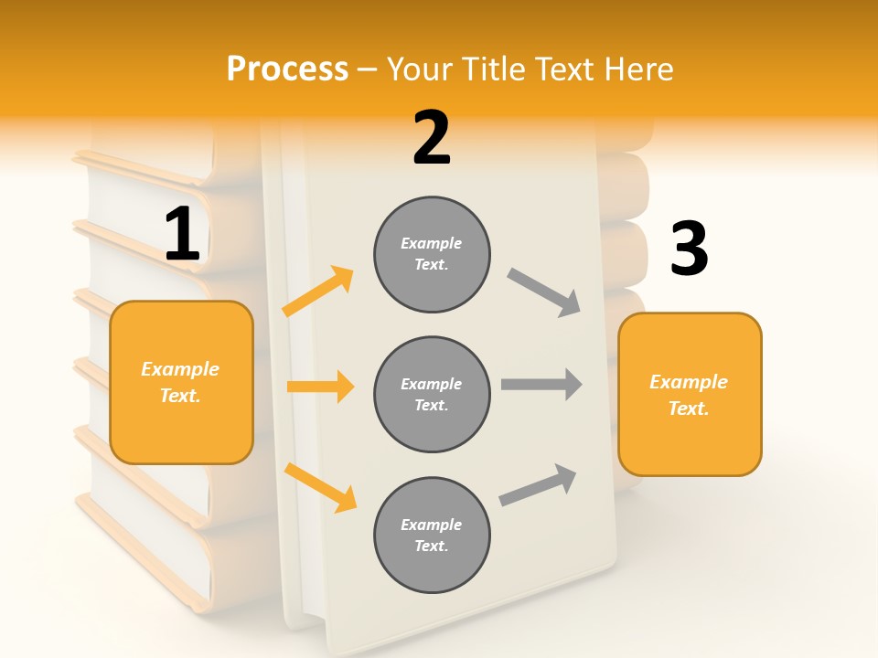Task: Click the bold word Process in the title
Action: click(287, 69)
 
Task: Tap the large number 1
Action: click(182, 234)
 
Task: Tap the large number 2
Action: click(432, 138)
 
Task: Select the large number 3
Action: click(689, 249)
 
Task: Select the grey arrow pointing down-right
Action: click(544, 292)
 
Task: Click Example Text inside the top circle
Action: click(432, 254)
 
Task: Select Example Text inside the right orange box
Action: click(689, 395)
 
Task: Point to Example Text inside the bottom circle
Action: click(432, 536)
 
